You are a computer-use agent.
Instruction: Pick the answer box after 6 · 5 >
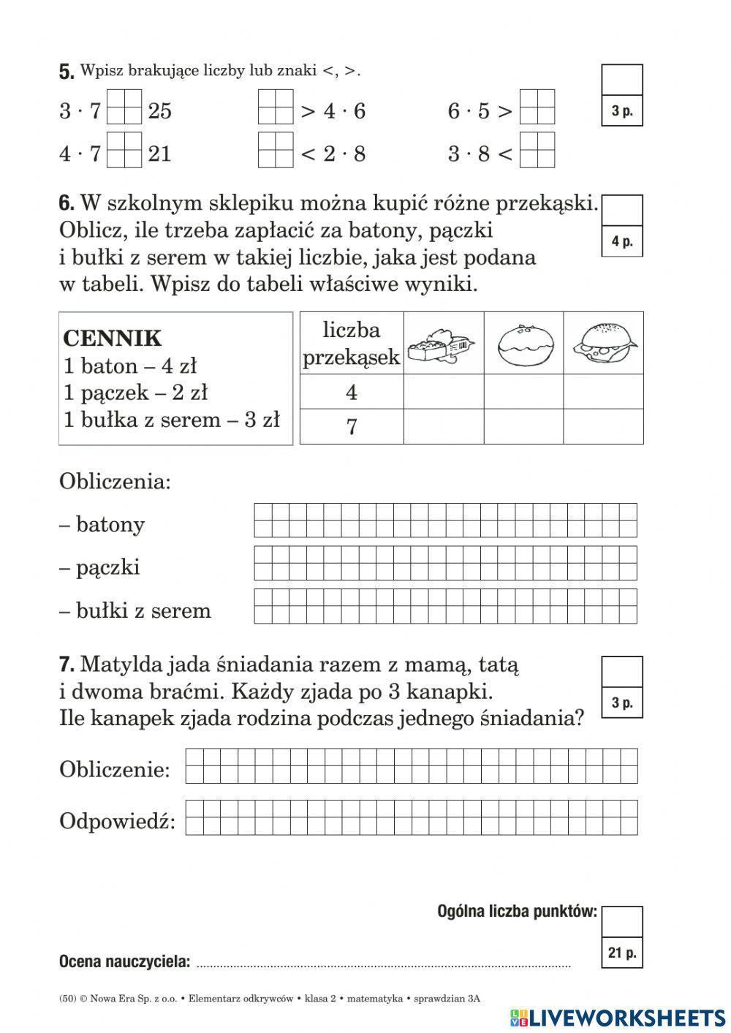click(x=537, y=107)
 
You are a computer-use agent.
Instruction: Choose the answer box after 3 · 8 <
click(x=537, y=151)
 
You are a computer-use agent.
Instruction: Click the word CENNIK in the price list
click(x=113, y=338)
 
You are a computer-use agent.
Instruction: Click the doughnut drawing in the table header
click(x=523, y=344)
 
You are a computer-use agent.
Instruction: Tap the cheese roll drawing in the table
click(x=604, y=344)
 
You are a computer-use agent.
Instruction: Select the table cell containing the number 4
click(x=352, y=393)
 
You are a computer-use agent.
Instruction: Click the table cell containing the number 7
click(x=352, y=426)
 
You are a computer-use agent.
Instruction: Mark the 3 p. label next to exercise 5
click(x=622, y=111)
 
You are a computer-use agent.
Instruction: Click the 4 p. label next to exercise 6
click(x=622, y=242)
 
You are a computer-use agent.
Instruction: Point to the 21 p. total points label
click(x=622, y=953)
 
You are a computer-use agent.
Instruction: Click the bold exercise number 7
click(x=67, y=665)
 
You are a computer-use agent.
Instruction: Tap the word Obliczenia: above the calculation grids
click(x=115, y=482)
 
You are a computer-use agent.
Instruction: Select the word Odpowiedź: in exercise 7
click(x=118, y=821)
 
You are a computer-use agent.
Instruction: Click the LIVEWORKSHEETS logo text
click(x=626, y=1018)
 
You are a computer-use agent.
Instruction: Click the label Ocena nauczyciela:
click(x=124, y=961)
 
